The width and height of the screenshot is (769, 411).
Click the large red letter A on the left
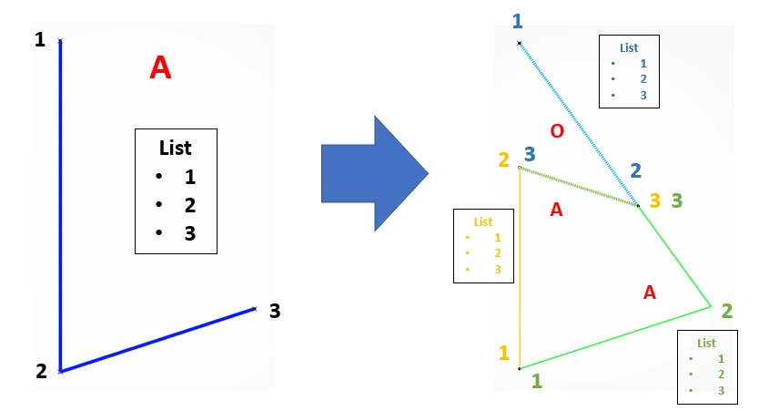(160, 67)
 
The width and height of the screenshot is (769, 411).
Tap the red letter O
(557, 131)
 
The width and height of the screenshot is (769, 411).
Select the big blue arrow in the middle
(375, 173)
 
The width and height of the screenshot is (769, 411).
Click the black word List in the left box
(176, 148)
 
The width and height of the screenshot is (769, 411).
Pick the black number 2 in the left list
(190, 205)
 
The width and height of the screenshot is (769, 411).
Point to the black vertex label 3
(275, 311)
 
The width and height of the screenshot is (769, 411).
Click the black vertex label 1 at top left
(40, 39)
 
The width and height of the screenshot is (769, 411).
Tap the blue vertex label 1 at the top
(518, 22)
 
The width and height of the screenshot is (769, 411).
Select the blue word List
(629, 48)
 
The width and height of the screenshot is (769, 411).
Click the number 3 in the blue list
(643, 96)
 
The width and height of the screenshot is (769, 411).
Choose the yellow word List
(483, 222)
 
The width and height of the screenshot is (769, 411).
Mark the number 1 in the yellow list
(498, 238)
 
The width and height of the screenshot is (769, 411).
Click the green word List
(706, 344)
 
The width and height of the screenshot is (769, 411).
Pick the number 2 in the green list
(721, 375)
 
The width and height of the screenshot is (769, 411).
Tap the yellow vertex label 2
(503, 160)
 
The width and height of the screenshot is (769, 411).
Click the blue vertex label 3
(530, 154)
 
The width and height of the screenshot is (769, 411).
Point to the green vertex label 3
(677, 200)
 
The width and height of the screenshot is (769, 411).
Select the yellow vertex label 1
(504, 353)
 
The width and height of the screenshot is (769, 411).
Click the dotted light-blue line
(579, 124)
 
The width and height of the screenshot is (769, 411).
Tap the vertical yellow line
(520, 268)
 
